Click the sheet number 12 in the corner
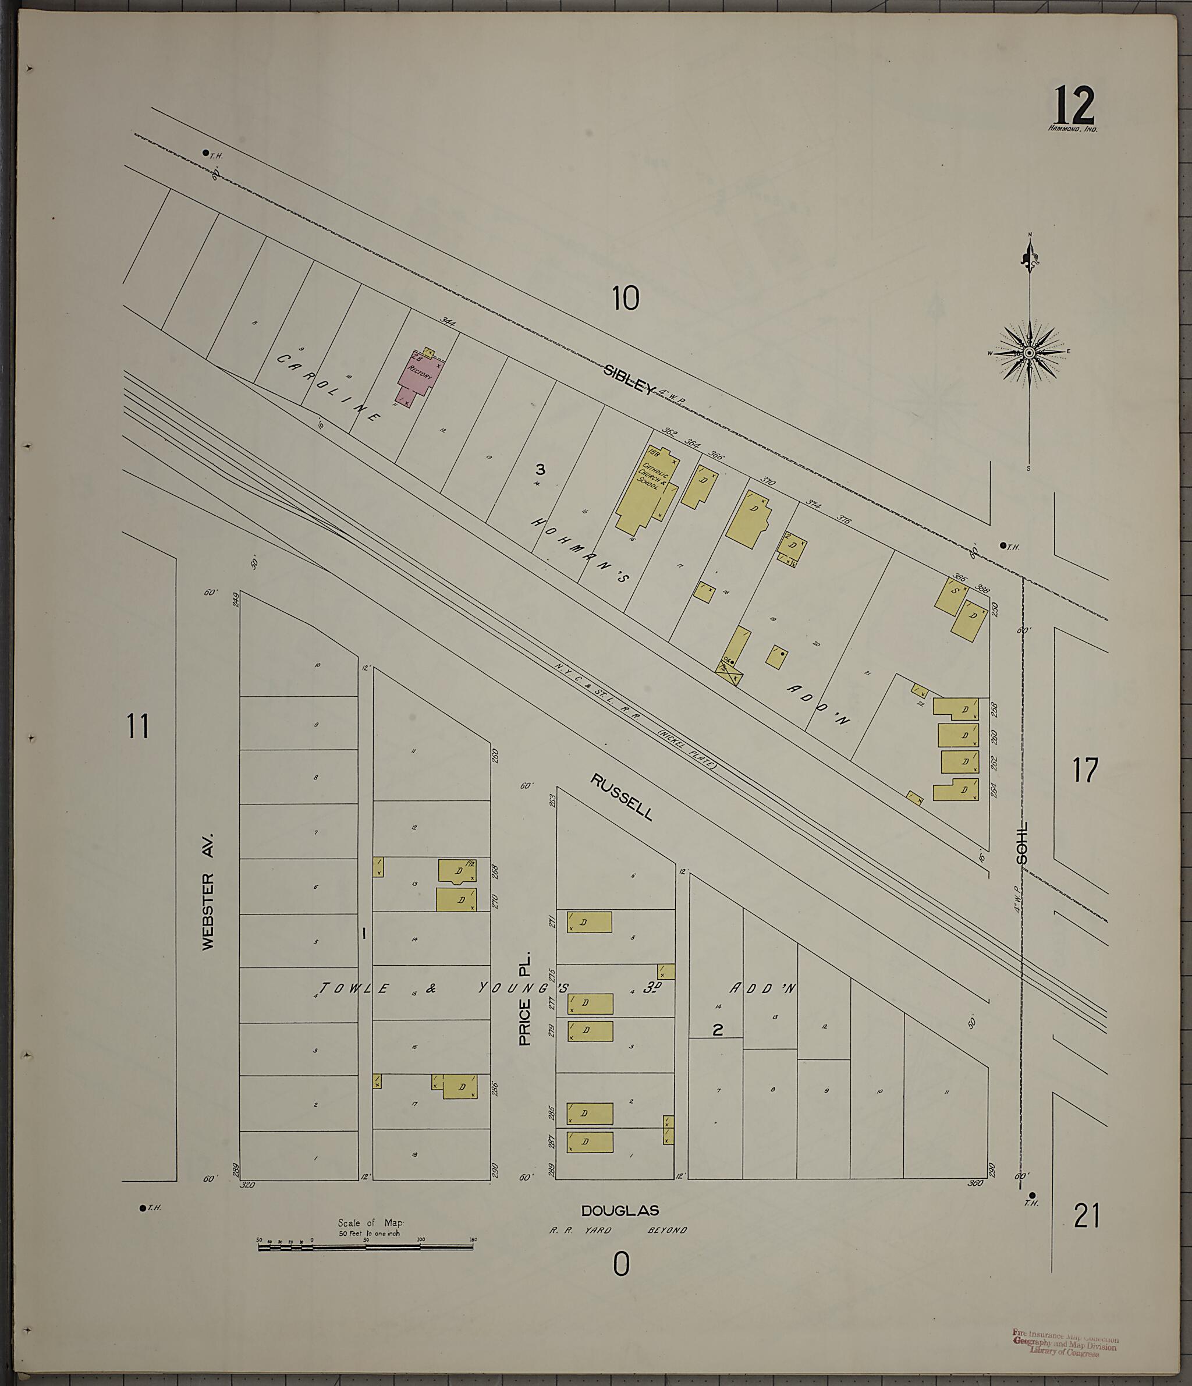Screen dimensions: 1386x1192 click(x=1075, y=106)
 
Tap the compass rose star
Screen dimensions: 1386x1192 click(x=1030, y=353)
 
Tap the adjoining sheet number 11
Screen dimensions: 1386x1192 click(x=138, y=726)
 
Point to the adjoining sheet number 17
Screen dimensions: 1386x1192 click(x=1085, y=771)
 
